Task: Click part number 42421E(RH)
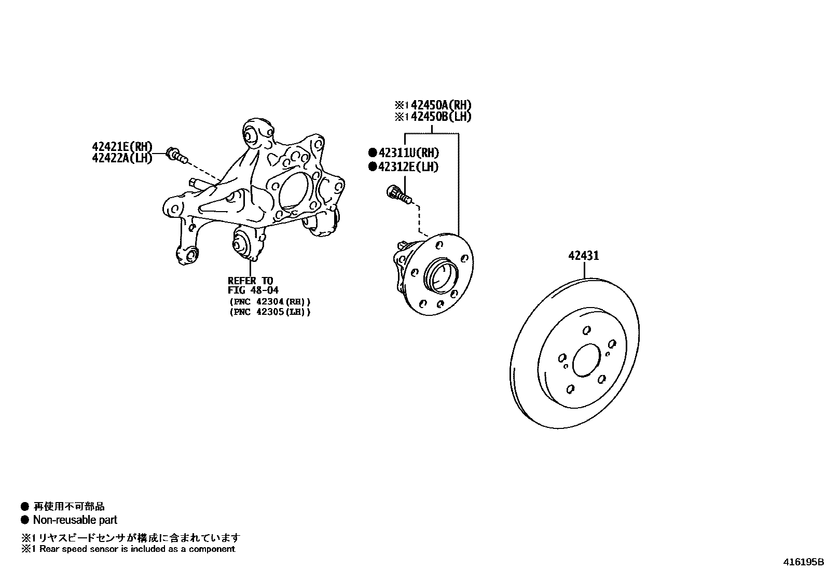coord(122,147)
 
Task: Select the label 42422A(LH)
coord(122,158)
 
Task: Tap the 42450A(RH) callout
coord(440,105)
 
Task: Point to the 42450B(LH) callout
coord(440,117)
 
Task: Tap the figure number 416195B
coord(803,562)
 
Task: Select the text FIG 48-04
coord(253,290)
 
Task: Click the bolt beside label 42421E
coord(176,155)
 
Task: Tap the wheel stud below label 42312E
coord(398,194)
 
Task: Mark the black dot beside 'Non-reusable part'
coord(24,520)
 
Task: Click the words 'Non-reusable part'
coord(75,520)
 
